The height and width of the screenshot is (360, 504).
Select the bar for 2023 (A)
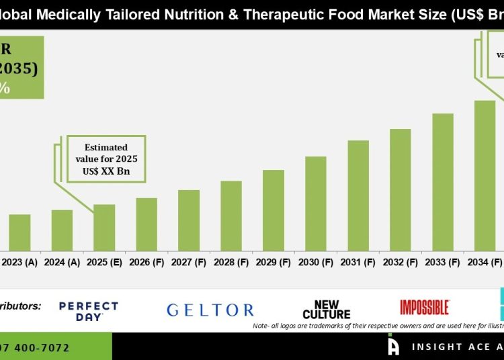19,232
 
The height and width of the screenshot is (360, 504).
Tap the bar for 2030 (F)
316,204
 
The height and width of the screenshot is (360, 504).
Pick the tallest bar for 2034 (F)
485,176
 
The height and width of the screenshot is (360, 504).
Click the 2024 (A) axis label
62,262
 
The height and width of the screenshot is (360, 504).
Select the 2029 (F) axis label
274,262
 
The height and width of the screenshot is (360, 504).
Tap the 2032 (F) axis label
401,262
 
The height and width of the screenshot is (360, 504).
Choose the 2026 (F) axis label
146,262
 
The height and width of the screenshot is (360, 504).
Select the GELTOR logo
210,310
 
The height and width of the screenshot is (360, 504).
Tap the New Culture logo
327,310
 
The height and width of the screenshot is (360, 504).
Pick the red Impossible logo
424,308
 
